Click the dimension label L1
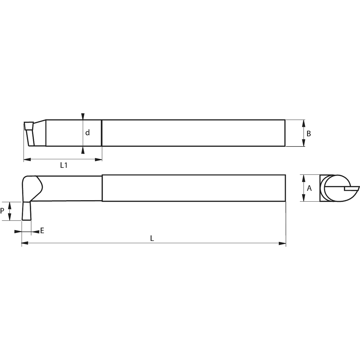(64, 165)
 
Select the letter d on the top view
(87, 133)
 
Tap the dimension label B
(309, 134)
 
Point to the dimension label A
(309, 188)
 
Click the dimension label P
(2, 211)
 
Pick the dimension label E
(42, 230)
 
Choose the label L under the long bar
(152, 238)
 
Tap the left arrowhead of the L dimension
(25, 243)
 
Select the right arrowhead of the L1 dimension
(99, 160)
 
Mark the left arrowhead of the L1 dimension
(27, 160)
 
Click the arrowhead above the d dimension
(83, 116)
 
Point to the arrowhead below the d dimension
(83, 150)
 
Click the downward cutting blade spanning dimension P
(26, 211)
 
